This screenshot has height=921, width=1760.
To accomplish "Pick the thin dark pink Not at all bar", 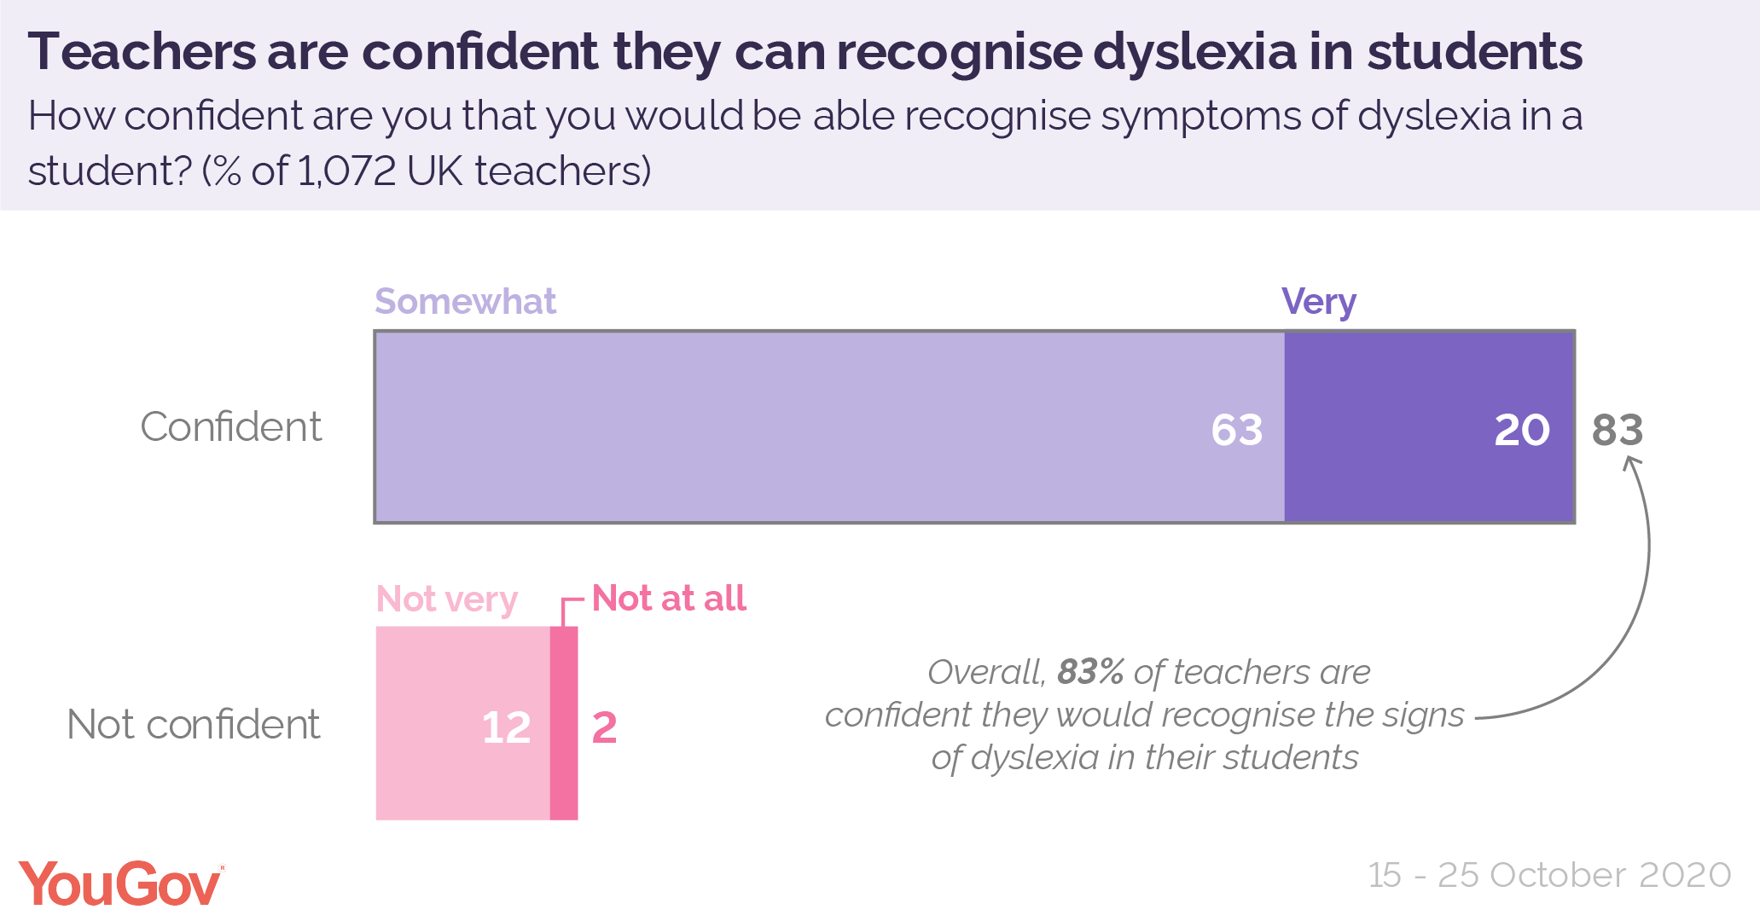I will (x=564, y=723).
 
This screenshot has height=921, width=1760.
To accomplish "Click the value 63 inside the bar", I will (x=1236, y=430).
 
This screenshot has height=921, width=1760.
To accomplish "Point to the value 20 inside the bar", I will (x=1521, y=430).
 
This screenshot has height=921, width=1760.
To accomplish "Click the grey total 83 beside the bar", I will (x=1617, y=430).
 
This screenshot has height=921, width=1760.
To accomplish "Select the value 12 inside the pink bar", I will (x=506, y=727).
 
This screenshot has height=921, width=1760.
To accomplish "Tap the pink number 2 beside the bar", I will (x=604, y=727).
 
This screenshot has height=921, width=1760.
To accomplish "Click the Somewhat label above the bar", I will (x=465, y=302).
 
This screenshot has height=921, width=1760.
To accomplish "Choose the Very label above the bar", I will (x=1318, y=302).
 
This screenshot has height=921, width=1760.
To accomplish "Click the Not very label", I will (x=446, y=599).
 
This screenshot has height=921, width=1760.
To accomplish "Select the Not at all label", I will (x=669, y=598).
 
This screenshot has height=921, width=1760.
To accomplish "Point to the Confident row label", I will (x=230, y=426).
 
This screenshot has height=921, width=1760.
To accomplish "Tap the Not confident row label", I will (x=193, y=725).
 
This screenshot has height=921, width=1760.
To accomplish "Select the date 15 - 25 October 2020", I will (x=1549, y=875).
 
